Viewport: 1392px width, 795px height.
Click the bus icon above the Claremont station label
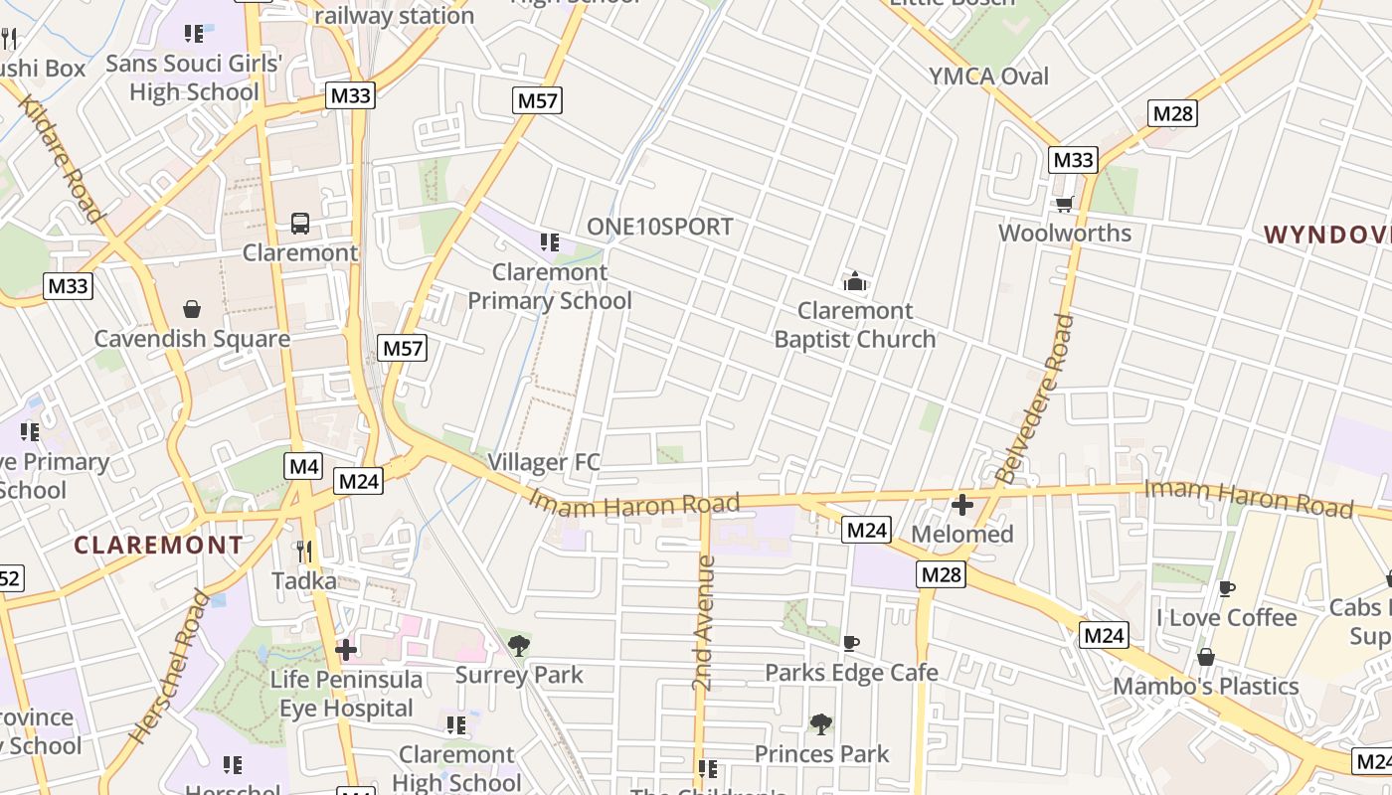[299, 224]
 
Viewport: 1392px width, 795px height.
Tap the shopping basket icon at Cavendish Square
[192, 310]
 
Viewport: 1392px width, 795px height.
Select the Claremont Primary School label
[550, 286]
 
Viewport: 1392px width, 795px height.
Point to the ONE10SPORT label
[659, 227]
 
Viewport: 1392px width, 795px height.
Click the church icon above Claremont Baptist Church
[854, 282]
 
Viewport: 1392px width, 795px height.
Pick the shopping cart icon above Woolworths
[1065, 204]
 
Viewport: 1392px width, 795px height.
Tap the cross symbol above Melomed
[961, 505]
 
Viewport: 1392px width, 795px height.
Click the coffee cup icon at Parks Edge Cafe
[850, 644]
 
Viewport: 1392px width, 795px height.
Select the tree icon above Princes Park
[821, 724]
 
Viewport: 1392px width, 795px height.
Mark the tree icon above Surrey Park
[518, 646]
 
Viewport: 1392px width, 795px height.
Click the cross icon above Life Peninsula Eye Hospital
[345, 651]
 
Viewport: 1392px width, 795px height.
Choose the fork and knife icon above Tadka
[304, 551]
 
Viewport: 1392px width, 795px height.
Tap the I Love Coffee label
[1226, 618]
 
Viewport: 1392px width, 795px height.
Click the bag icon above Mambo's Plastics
[1205, 657]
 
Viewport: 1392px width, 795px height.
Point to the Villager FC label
[544, 462]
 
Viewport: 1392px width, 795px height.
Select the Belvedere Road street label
[1035, 398]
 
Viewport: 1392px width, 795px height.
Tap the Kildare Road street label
[61, 159]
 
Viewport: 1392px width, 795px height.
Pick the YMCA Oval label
[988, 77]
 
